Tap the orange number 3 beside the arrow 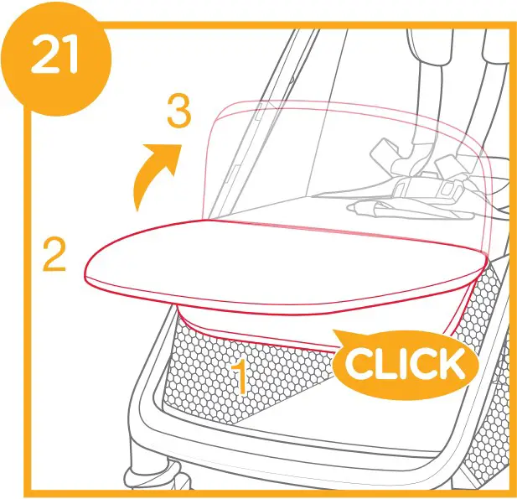tap(178, 112)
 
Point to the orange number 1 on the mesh tap(239, 377)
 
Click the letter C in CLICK tap(361, 365)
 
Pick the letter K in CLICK tap(448, 365)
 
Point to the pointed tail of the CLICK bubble tap(339, 337)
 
